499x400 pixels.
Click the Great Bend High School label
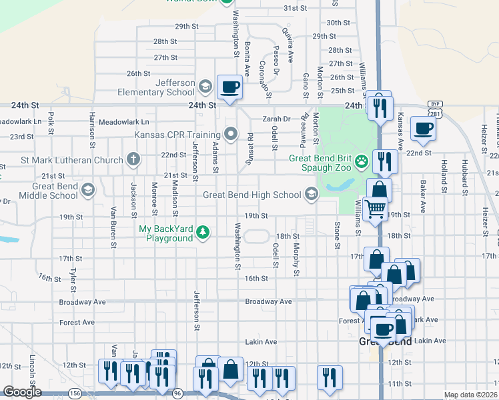click(x=252, y=195)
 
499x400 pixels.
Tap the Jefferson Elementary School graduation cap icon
click(x=205, y=87)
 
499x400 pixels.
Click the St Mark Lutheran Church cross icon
click(x=133, y=160)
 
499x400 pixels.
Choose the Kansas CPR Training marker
click(x=231, y=134)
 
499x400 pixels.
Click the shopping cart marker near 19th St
click(x=375, y=209)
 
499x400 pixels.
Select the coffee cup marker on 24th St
click(x=229, y=87)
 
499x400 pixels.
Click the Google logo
click(x=21, y=392)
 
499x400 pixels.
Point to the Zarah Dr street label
click(x=277, y=119)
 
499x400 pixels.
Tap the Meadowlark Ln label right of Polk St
click(x=123, y=122)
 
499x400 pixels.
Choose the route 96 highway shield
click(x=177, y=394)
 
